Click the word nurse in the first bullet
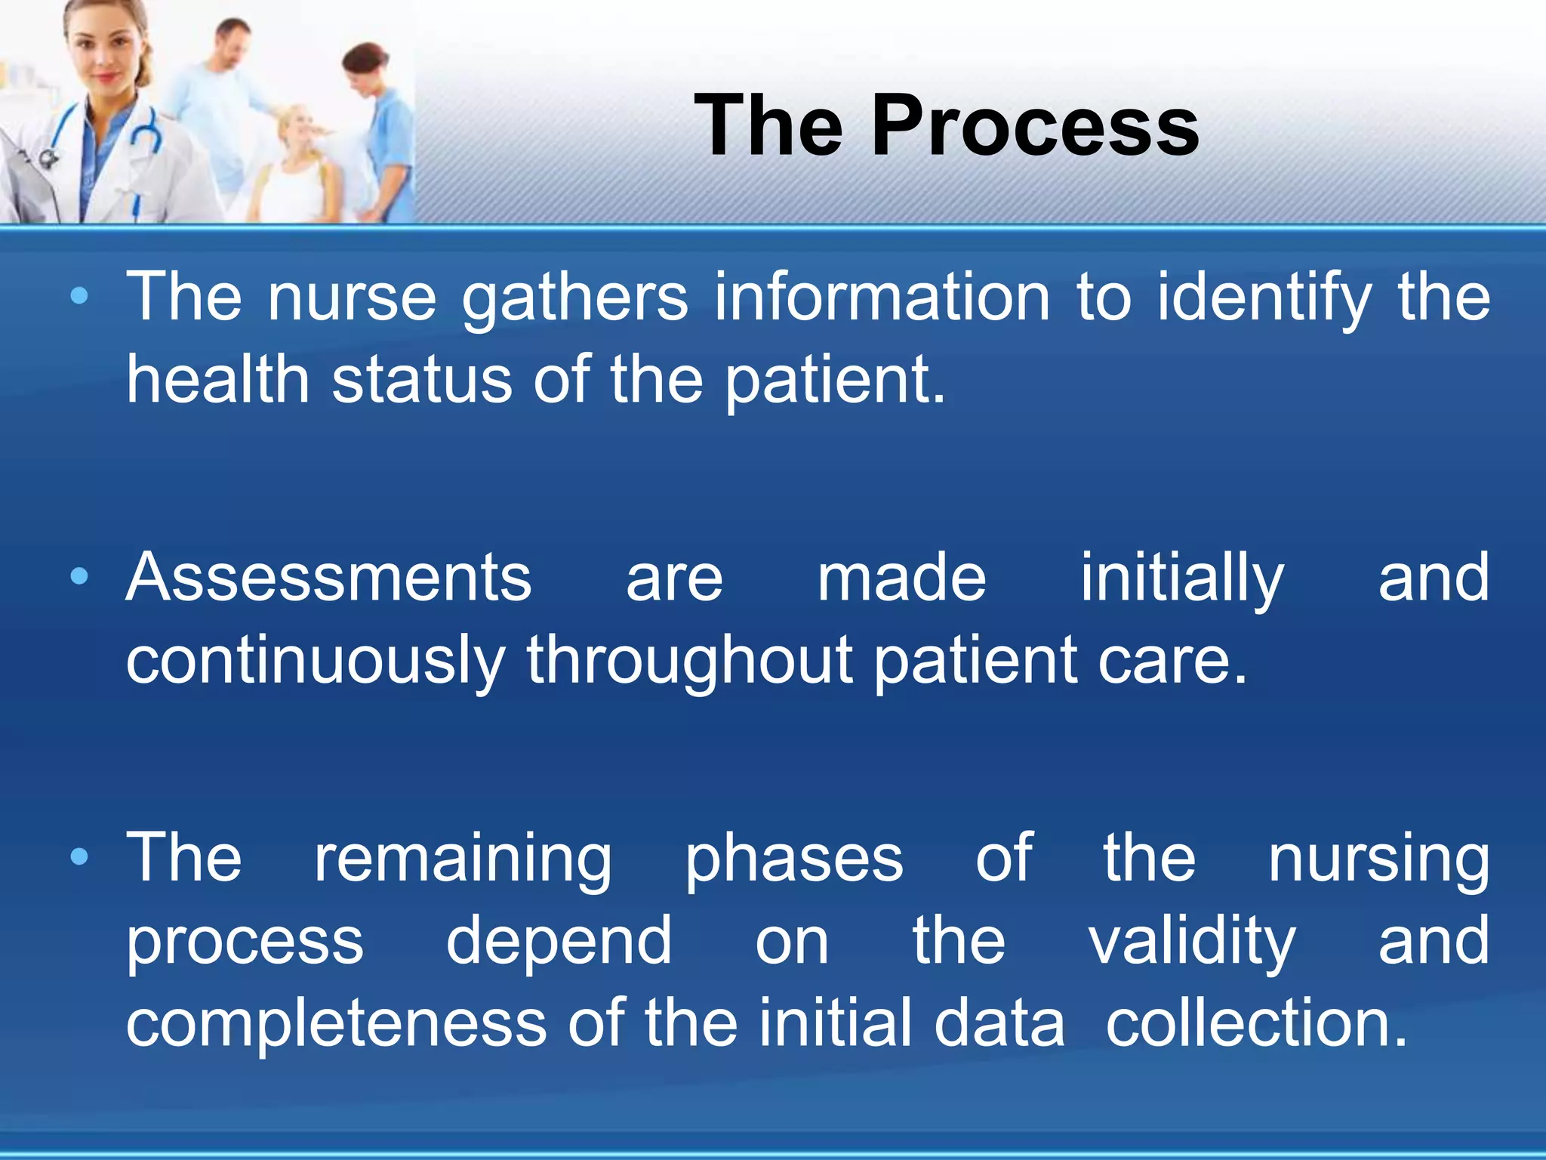(x=352, y=298)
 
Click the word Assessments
(x=328, y=578)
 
